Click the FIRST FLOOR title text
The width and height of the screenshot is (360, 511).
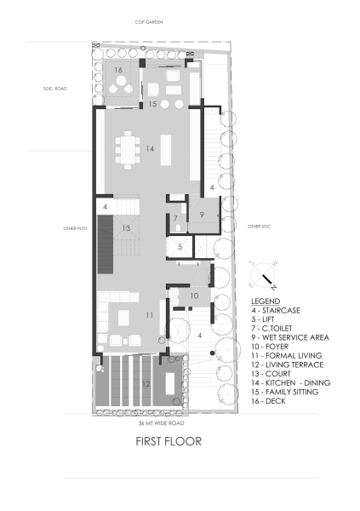(x=168, y=442)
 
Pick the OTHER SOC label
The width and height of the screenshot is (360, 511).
(x=258, y=227)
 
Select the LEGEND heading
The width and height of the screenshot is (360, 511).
(x=265, y=301)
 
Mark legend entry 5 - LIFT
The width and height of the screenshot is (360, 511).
(x=266, y=319)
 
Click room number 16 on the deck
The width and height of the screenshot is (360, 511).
(x=118, y=70)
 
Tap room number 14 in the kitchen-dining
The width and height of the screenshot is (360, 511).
(x=149, y=148)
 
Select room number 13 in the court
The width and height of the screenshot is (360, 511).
(x=125, y=228)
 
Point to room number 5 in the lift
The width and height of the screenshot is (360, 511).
(x=180, y=247)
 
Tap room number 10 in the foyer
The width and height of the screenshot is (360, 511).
(x=193, y=296)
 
